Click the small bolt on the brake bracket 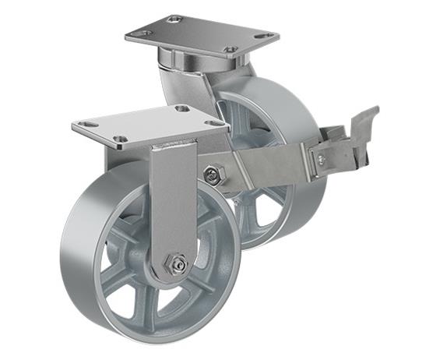(x=321, y=159)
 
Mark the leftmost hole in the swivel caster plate (x=141, y=33)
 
